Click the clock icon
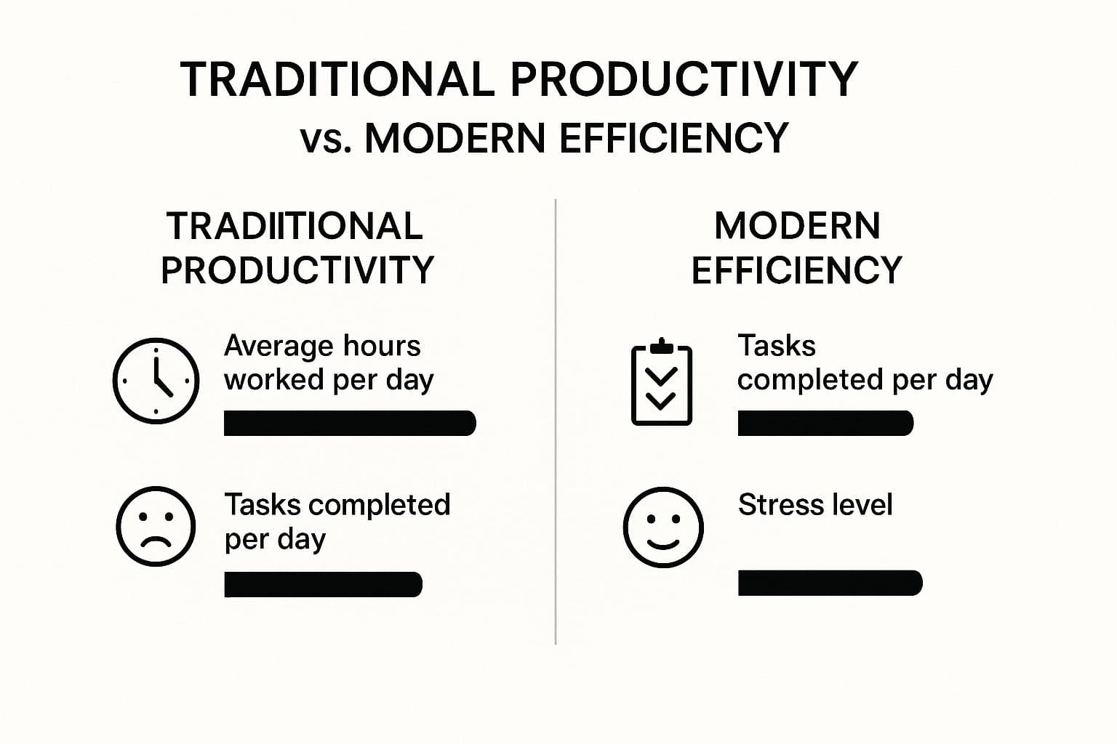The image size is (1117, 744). [156, 380]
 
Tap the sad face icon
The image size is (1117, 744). [156, 526]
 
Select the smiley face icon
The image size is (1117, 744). [662, 527]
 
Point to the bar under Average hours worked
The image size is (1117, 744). [350, 423]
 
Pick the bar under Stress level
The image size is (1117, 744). [830, 583]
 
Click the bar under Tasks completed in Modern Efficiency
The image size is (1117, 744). [825, 423]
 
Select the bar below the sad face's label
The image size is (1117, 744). [323, 584]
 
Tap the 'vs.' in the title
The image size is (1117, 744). [326, 138]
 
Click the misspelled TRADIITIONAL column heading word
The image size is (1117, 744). [295, 226]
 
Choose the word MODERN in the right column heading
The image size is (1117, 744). [797, 226]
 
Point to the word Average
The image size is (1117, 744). [278, 346]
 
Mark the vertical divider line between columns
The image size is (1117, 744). [556, 421]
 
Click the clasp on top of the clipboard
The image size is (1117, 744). [661, 346]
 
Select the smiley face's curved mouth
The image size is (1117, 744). [662, 543]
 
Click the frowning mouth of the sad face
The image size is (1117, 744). [156, 542]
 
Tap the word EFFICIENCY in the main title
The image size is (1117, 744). [674, 138]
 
